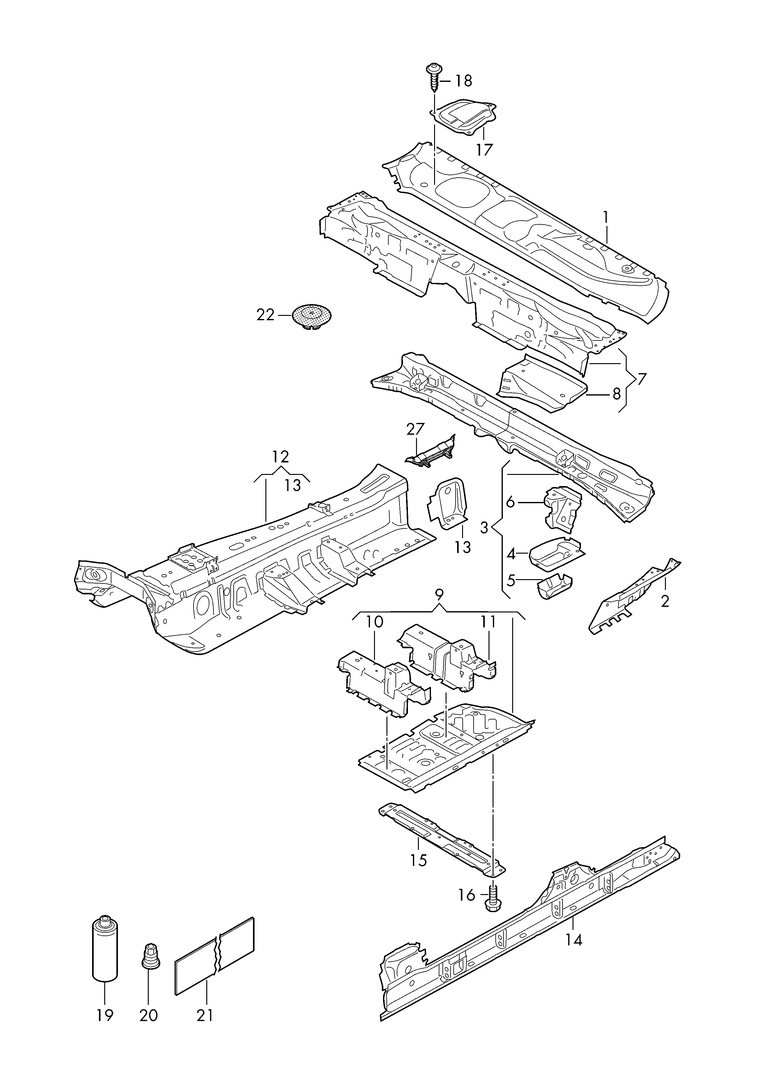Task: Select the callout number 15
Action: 418,860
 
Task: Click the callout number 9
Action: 439,594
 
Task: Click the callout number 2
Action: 665,601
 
